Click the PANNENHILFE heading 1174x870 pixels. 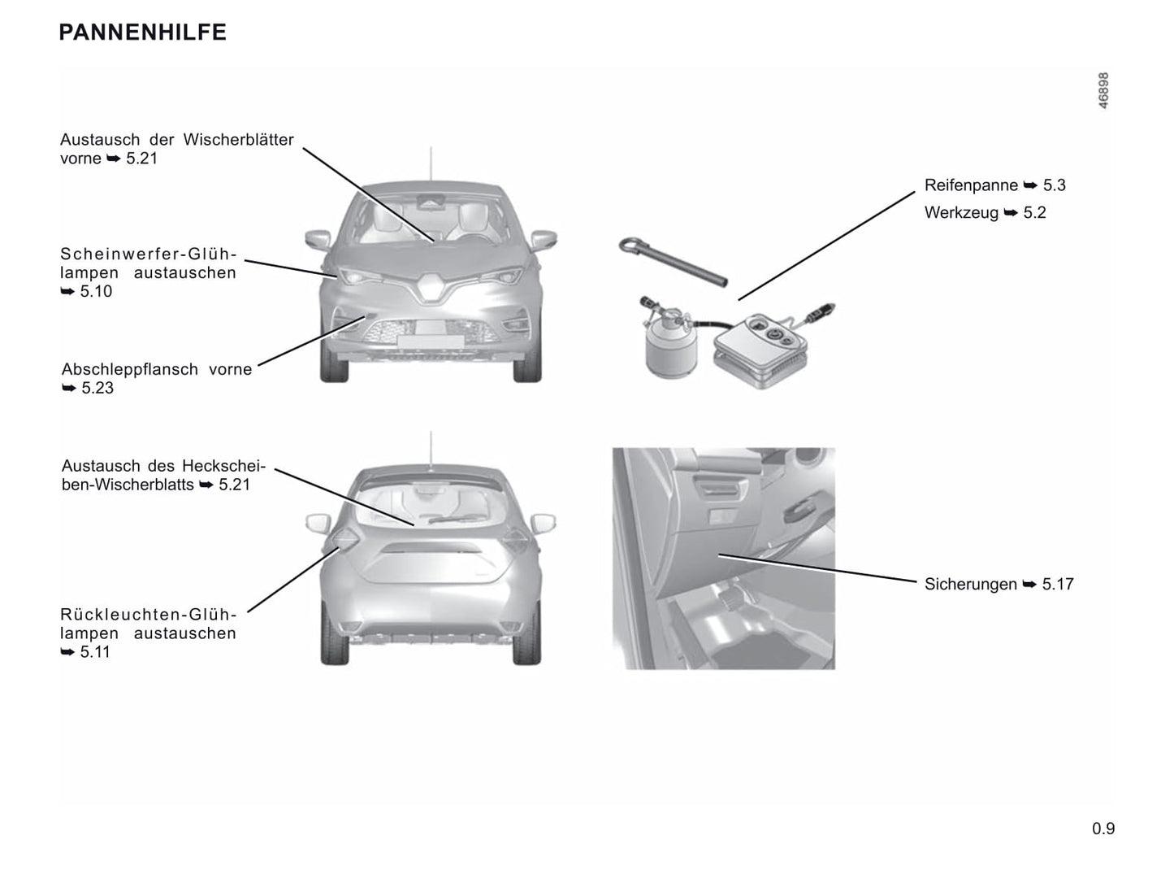pyautogui.click(x=142, y=33)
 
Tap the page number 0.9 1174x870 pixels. pyautogui.click(x=1103, y=828)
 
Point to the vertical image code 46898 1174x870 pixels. pyautogui.click(x=1103, y=90)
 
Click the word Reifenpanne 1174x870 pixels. pyautogui.click(x=971, y=185)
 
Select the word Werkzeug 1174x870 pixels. pyautogui.click(x=961, y=212)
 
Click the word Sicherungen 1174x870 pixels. pyautogui.click(x=970, y=584)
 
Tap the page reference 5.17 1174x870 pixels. pyautogui.click(x=1058, y=584)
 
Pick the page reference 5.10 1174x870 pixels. pyautogui.click(x=96, y=291)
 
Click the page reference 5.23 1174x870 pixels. pyautogui.click(x=97, y=388)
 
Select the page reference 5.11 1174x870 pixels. pyautogui.click(x=95, y=652)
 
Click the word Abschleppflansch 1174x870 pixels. pyautogui.click(x=130, y=369)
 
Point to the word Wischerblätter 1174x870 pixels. pyautogui.click(x=238, y=139)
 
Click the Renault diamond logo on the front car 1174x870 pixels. pyautogui.click(x=430, y=287)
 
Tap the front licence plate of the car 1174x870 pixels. pyautogui.click(x=431, y=341)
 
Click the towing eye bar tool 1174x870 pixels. pyautogui.click(x=673, y=263)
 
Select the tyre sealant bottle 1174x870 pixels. pyautogui.click(x=670, y=340)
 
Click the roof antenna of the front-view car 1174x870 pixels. pyautogui.click(x=431, y=164)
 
